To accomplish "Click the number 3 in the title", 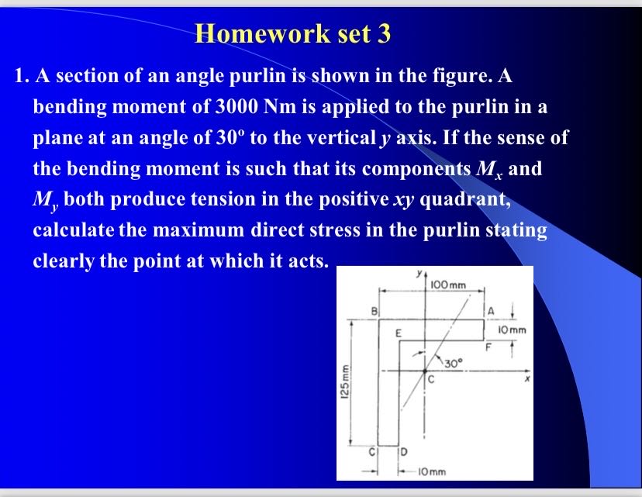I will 385,34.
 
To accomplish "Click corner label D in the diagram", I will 405,451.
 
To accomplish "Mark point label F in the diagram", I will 488,347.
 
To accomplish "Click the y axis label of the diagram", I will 419,273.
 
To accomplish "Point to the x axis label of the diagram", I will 525,381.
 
